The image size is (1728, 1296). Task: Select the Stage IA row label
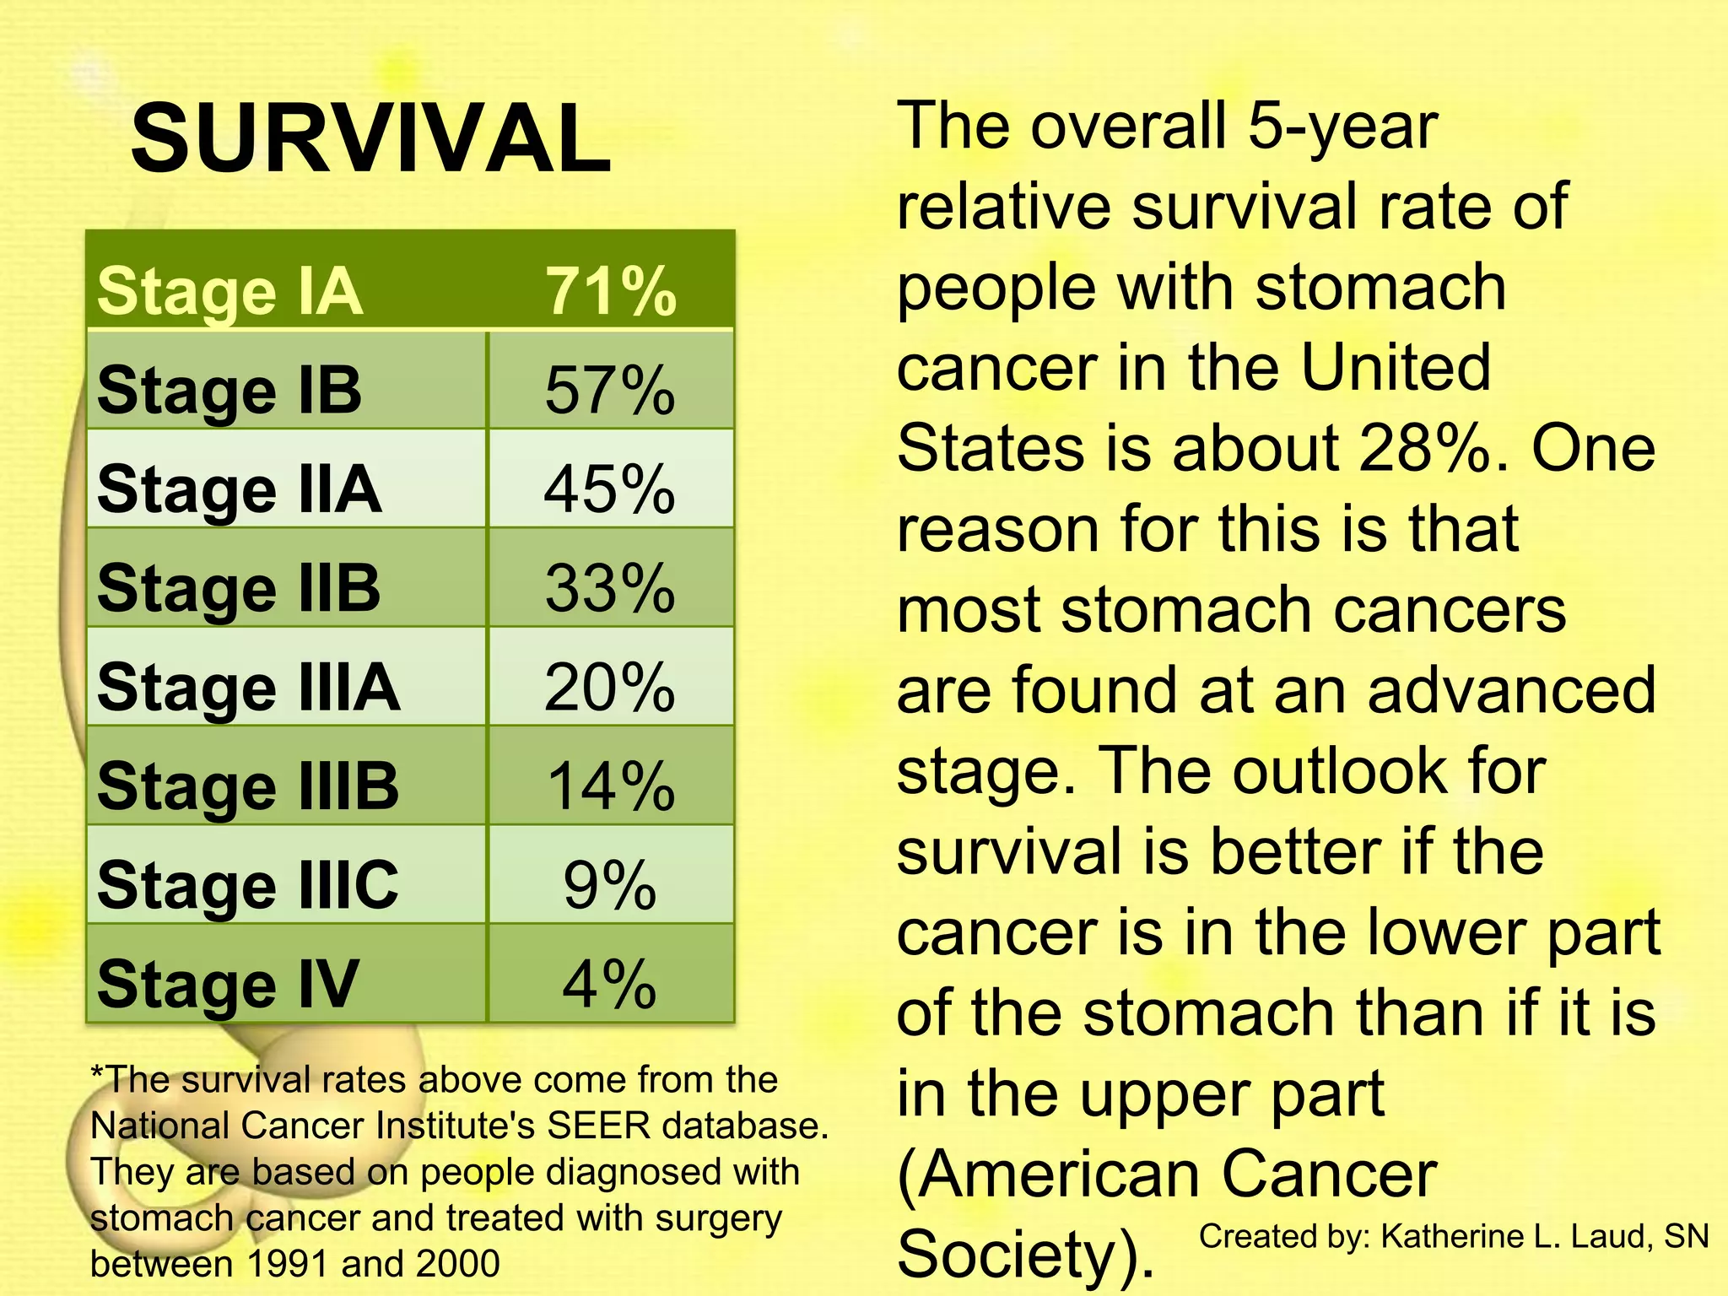point(229,292)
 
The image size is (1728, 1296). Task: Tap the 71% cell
point(610,292)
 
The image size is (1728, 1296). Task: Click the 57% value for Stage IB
point(610,391)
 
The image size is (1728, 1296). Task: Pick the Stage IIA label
point(239,489)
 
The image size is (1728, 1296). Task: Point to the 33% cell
point(610,588)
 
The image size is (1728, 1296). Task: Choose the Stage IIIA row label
point(248,687)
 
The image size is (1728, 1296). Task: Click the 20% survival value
point(610,687)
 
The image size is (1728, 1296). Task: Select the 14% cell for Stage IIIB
point(610,786)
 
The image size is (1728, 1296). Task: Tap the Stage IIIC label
point(247,884)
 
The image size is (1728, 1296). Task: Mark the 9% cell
point(610,884)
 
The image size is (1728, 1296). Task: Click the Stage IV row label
point(228,983)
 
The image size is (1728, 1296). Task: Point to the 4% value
point(610,983)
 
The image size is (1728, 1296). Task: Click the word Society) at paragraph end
point(1025,1255)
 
